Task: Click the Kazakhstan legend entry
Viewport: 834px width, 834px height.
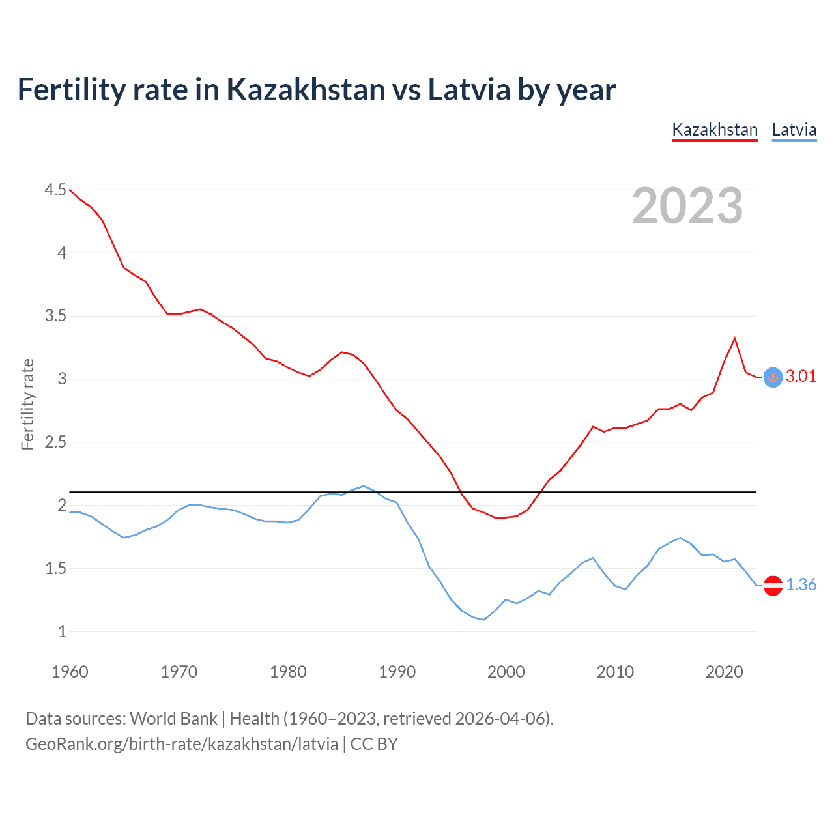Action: coord(715,130)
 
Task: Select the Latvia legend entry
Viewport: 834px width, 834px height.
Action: coord(794,130)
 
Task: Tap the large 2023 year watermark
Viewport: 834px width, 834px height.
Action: coord(687,206)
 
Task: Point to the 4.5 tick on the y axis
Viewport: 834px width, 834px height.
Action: coord(55,190)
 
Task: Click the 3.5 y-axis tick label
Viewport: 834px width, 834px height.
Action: coord(55,316)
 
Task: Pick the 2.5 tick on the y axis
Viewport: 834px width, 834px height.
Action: coord(55,442)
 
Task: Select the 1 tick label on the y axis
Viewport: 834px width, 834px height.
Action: coord(62,631)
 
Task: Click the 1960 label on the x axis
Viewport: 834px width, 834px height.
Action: coord(70,672)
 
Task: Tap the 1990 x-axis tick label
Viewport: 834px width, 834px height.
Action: coord(397,672)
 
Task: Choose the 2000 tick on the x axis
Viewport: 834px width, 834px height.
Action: coord(506,672)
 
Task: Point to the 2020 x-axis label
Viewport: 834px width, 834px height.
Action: coord(724,672)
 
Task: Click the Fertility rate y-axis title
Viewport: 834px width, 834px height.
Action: coord(27,404)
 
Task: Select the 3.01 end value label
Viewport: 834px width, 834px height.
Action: coord(801,377)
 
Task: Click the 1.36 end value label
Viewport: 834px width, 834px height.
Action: coord(801,585)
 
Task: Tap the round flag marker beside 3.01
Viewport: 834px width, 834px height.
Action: coord(773,377)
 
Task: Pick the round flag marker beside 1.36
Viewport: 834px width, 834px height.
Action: coord(773,586)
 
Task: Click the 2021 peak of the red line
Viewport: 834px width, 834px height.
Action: coord(735,338)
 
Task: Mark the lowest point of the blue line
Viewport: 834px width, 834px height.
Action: coord(483,620)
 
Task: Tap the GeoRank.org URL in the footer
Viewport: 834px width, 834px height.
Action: coord(182,744)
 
